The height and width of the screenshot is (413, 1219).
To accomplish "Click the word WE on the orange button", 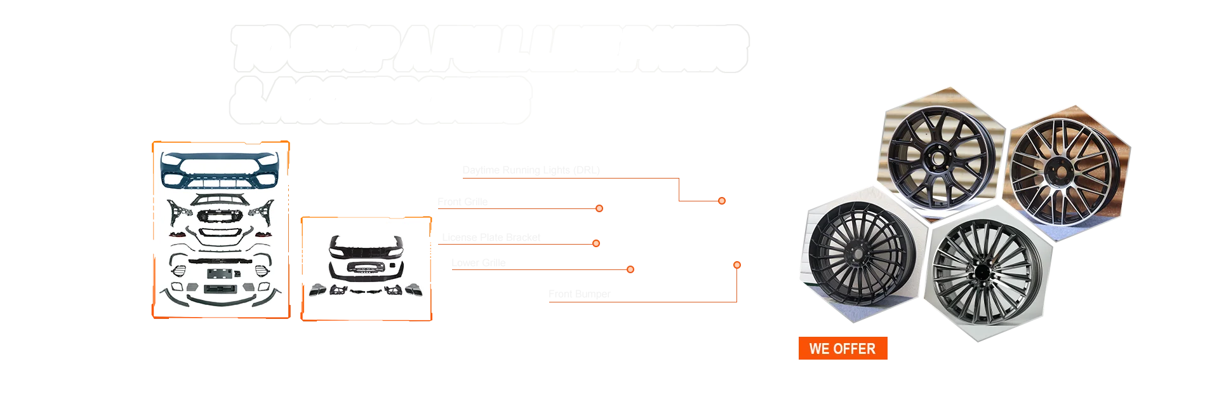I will (x=820, y=349).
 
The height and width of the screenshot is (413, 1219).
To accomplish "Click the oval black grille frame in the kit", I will (x=218, y=233).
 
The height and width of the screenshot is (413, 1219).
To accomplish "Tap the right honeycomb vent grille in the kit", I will (x=260, y=272).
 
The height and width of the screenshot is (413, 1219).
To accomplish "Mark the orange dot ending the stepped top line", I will (x=721, y=201).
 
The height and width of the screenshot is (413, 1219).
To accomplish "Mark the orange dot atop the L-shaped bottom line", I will (x=736, y=264).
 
